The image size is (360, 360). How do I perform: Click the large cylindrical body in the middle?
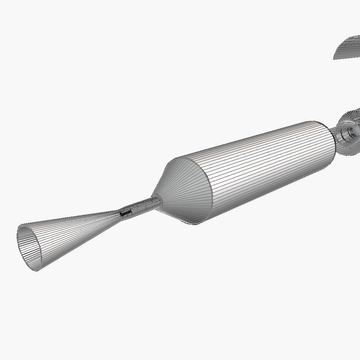[264, 168]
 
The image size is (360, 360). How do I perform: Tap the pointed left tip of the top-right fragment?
[334, 58]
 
